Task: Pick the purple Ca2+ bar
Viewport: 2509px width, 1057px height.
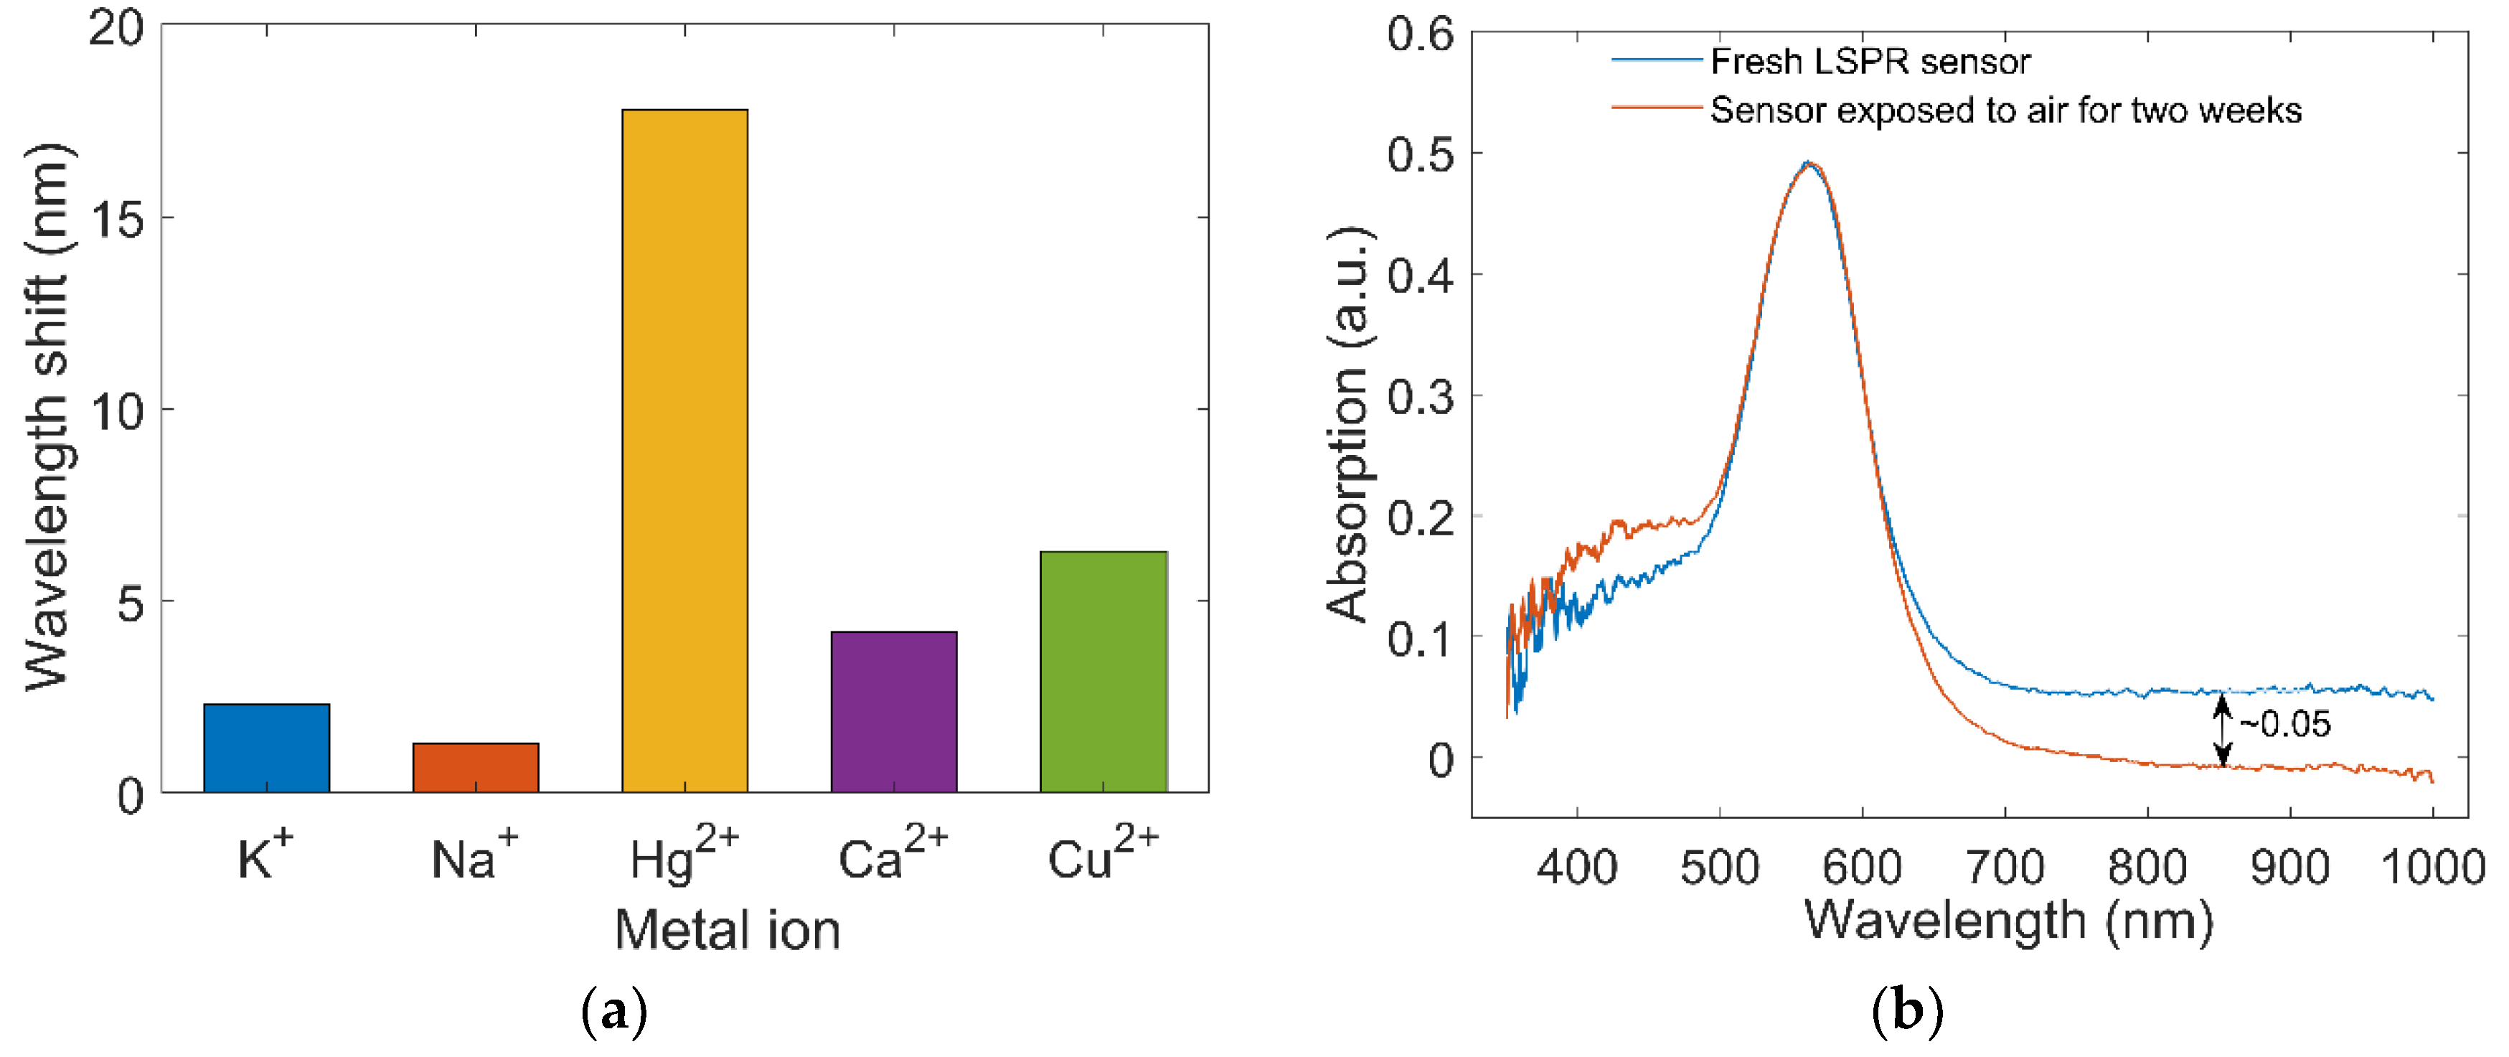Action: pos(893,711)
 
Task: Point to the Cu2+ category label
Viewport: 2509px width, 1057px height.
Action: pos(1103,853)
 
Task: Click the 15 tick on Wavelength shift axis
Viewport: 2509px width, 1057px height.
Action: pos(117,219)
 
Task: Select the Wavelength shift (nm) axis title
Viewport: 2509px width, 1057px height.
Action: pos(47,417)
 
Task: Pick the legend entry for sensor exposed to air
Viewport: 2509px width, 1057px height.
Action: pos(2005,110)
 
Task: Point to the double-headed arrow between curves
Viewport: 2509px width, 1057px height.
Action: pos(2222,728)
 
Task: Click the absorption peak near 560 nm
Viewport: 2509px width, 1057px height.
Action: pos(1808,164)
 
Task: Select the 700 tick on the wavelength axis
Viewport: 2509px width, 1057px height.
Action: pos(2005,866)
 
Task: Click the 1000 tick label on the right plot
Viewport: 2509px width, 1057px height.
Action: pos(2432,866)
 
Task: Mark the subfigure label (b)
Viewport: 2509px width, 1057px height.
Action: pos(1906,1011)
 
